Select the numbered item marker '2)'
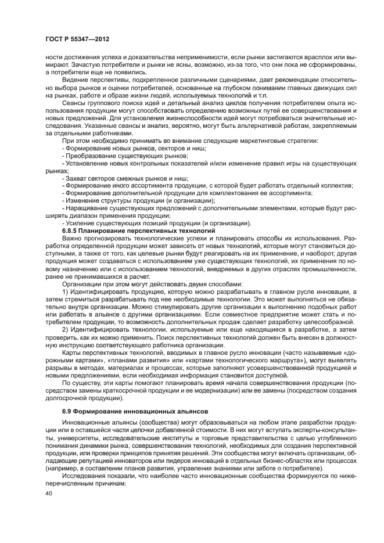pos(65,328)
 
